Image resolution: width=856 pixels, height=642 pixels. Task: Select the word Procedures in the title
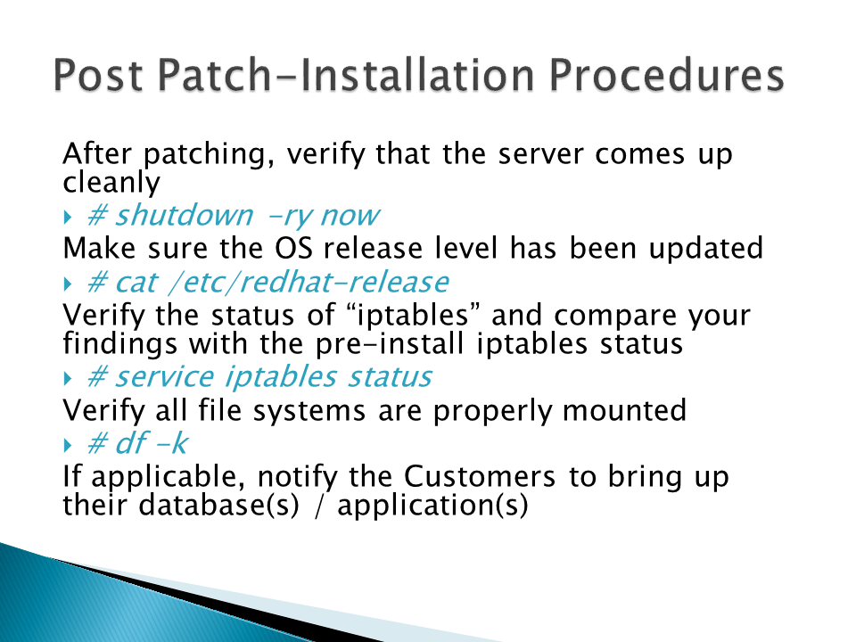click(667, 75)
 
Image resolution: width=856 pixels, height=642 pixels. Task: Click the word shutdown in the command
click(184, 215)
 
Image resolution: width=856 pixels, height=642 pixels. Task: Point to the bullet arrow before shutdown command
click(68, 218)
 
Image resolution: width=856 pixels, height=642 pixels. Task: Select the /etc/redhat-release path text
click(309, 282)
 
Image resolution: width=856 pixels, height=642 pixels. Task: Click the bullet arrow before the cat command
click(68, 284)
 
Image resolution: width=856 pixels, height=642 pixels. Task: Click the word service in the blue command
click(165, 376)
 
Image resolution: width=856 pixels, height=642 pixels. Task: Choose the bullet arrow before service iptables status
click(68, 378)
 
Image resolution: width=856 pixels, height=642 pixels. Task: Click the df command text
click(132, 442)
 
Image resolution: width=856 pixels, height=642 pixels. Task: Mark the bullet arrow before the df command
click(68, 446)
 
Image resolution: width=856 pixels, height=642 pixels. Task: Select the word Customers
click(480, 476)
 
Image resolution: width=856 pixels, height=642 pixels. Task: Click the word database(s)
click(219, 505)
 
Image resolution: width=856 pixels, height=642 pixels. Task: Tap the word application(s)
click(432, 506)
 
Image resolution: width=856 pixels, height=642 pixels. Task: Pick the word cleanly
click(111, 183)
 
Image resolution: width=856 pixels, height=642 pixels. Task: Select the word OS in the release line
click(293, 249)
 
